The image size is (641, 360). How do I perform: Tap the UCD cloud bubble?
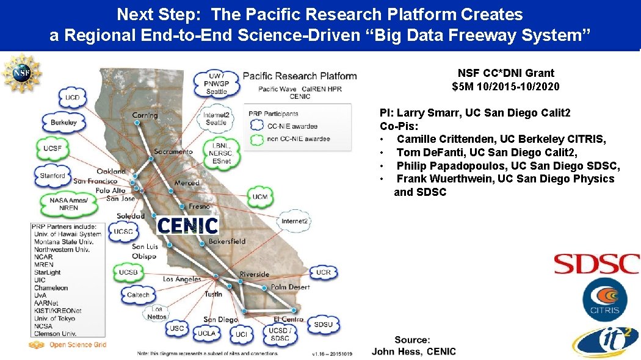click(x=73, y=98)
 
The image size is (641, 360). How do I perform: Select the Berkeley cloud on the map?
click(x=63, y=123)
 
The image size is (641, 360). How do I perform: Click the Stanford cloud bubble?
click(x=53, y=176)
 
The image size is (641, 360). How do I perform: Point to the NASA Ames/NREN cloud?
click(x=68, y=204)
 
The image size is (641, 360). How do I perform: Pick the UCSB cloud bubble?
click(x=128, y=272)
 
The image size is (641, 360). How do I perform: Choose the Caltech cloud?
click(x=138, y=295)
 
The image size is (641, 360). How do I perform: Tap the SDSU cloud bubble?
click(x=323, y=325)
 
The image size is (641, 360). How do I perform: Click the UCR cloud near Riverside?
click(x=324, y=272)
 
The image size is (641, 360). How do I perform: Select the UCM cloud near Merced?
click(x=260, y=196)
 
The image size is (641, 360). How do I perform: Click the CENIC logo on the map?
click(x=187, y=226)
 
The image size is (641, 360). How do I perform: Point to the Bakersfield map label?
click(x=227, y=242)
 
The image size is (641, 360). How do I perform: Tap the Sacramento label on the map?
click(x=173, y=151)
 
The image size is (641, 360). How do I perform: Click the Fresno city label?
click(x=200, y=206)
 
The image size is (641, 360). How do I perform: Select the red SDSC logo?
click(x=596, y=264)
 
